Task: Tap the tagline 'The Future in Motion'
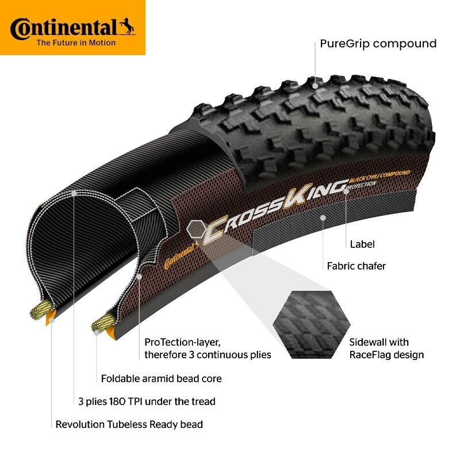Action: tap(76, 43)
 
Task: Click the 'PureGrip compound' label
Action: tap(378, 44)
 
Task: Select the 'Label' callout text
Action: tap(362, 244)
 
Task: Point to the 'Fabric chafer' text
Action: tap(356, 266)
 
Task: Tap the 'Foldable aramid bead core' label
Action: tap(161, 378)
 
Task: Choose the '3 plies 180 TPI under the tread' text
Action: tap(147, 401)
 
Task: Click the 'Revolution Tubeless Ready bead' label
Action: tap(129, 424)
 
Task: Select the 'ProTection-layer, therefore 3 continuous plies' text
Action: tap(208, 348)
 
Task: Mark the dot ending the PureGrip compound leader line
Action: tap(315, 86)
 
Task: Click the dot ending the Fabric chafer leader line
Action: tap(324, 218)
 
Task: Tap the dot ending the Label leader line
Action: tap(346, 190)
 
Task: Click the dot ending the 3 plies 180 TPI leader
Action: tap(74, 194)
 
